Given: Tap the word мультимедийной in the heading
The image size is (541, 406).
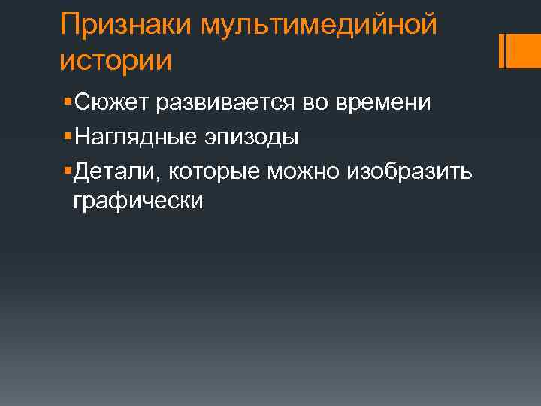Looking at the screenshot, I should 319,25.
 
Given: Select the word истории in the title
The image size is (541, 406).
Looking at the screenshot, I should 116,60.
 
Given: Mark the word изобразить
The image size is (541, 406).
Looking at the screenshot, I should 409,172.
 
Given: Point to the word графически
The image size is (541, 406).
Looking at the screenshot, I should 138,201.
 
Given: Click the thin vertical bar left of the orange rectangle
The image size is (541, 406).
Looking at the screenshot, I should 501,50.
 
